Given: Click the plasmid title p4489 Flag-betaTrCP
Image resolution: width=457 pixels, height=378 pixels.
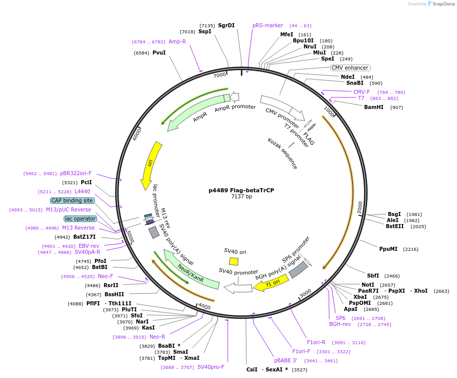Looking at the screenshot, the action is coord(241,190).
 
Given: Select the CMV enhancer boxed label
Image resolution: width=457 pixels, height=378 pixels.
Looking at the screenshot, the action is coord(350,68).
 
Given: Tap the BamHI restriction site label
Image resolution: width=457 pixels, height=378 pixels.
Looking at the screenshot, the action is coord(374,107).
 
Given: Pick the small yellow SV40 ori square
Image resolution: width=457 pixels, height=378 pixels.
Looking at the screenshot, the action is coord(234,261).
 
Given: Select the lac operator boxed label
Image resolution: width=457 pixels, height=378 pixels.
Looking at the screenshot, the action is coord(80,219).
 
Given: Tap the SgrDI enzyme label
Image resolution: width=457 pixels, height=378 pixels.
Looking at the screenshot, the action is coord(226,25).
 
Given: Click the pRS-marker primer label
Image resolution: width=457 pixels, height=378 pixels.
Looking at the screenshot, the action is coord(268,25).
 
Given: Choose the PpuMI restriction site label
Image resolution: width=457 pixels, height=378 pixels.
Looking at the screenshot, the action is coord(388,249).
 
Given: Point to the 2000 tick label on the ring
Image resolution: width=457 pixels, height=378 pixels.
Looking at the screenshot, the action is coord(360,207).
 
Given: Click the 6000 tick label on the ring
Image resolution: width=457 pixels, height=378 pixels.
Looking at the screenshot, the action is coord(136,134).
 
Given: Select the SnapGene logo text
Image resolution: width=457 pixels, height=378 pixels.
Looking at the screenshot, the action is coord(441,4).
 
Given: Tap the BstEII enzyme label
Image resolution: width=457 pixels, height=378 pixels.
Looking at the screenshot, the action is coord(395,227).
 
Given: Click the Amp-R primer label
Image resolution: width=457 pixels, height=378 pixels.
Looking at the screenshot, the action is coord(177,42).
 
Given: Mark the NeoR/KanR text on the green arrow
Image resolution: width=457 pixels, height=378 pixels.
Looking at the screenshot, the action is coord(191,272).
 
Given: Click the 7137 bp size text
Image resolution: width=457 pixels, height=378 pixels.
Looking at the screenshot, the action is coord(241,197).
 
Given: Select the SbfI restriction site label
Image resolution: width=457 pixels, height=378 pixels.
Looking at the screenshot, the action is coord(373,276).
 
